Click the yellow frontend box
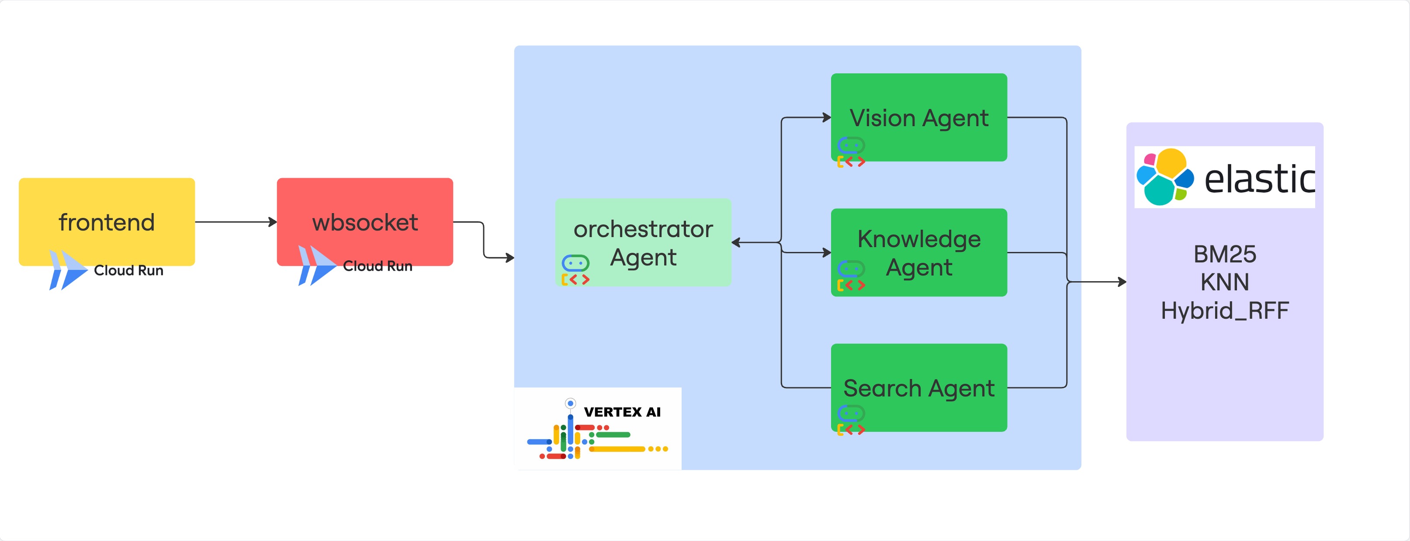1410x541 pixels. (x=107, y=221)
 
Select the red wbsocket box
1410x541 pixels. (x=364, y=221)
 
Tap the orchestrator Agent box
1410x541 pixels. (x=643, y=242)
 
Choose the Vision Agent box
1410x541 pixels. (x=919, y=117)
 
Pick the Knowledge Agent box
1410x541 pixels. (x=919, y=252)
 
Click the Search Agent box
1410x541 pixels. (x=919, y=387)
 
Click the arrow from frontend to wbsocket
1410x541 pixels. (x=236, y=221)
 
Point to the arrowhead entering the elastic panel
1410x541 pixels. (x=1122, y=282)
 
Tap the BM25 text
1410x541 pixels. (x=1225, y=254)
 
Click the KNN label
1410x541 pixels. (x=1225, y=282)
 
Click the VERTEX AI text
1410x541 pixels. (x=622, y=412)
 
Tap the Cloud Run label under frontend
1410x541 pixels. (x=128, y=270)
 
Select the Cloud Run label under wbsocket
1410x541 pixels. (x=378, y=266)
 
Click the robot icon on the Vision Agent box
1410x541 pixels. (x=851, y=153)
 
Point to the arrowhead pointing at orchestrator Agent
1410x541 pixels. (x=736, y=242)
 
